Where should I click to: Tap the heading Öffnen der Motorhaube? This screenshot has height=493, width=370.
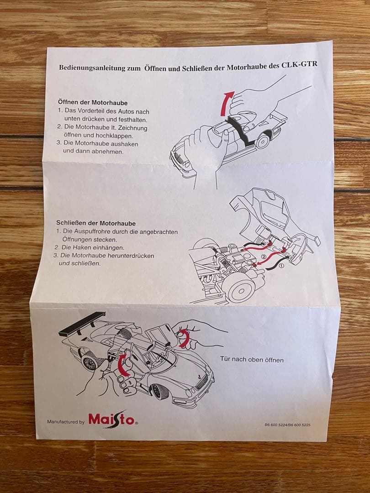pyautogui.click(x=93, y=102)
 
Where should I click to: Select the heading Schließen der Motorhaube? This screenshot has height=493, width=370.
pyautogui.click(x=95, y=223)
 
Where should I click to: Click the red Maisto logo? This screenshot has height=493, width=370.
pyautogui.click(x=112, y=419)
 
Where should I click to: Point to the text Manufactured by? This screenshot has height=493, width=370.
pyautogui.click(x=65, y=422)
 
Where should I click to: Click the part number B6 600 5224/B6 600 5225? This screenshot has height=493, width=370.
pyautogui.click(x=287, y=425)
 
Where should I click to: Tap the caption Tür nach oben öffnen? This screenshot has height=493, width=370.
pyautogui.click(x=252, y=360)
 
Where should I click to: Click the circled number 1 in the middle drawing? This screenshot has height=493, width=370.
pyautogui.click(x=281, y=264)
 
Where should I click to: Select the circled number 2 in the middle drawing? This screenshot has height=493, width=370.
pyautogui.click(x=264, y=257)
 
